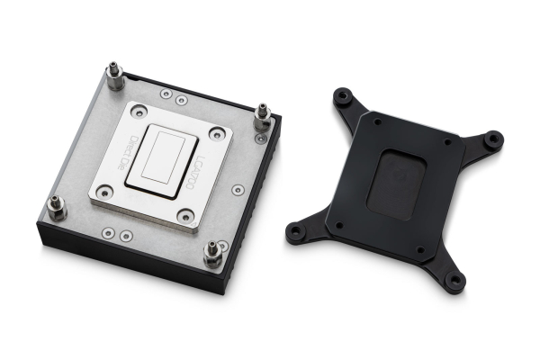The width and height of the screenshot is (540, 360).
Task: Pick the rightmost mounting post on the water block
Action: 263,118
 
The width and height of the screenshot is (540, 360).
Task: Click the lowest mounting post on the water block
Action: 213,255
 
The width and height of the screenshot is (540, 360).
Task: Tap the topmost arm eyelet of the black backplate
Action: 342,94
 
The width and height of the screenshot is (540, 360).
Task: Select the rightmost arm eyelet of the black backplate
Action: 494,140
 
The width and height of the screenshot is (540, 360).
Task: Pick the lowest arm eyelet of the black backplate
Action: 454,282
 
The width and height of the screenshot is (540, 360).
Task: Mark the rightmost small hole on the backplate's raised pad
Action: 447,142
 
